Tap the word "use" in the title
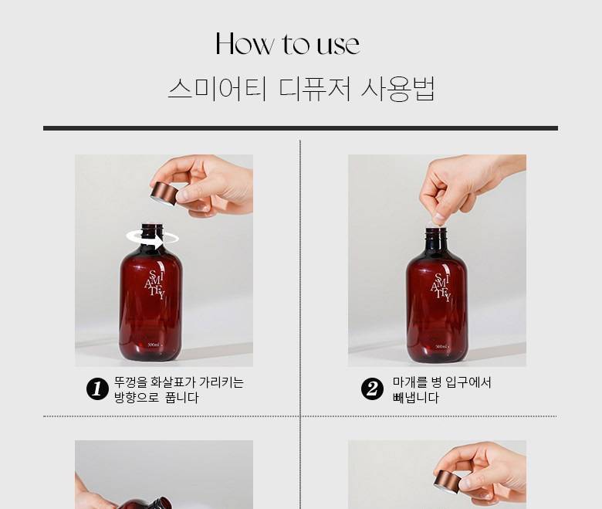pos(339,45)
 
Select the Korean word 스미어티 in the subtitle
pos(217,89)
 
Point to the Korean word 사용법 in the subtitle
pos(398,89)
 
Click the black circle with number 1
pos(97,389)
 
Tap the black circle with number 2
pos(372,389)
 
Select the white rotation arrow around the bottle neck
pos(152,239)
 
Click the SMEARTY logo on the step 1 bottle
pos(156,284)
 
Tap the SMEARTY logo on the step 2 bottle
pos(441,288)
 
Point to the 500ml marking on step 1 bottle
pos(154,344)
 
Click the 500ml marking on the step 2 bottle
pos(441,348)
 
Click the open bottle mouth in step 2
pos(436,230)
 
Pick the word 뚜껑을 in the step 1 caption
pos(130,382)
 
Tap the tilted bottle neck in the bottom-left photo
pos(161,502)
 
